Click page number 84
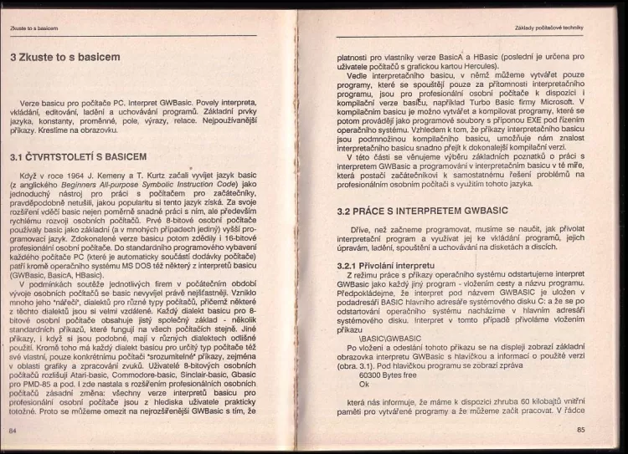pos(13,429)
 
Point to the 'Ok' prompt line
pos(363,385)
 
